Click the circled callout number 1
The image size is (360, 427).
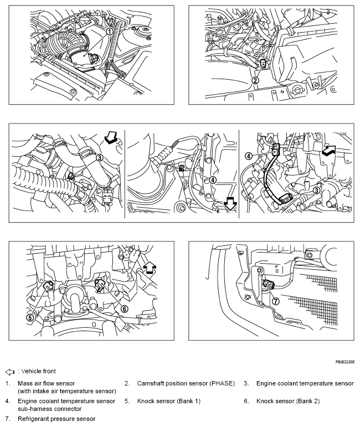click(110, 32)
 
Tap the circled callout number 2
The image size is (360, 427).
click(255, 80)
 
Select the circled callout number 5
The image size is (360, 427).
click(29, 317)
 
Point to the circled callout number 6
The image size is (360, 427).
click(125, 308)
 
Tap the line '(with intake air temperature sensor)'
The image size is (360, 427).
click(66, 390)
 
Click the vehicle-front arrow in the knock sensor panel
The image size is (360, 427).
click(149, 268)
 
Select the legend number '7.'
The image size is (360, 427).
click(8, 419)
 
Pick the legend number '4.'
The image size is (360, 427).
click(8, 400)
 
